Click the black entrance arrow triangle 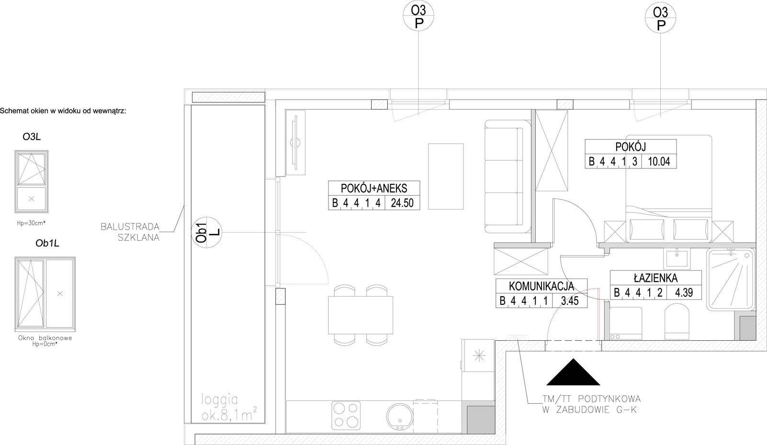(x=573, y=372)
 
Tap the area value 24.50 (x=402, y=203)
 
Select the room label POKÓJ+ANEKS (x=374, y=188)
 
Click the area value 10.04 (x=659, y=161)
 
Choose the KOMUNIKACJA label (x=541, y=286)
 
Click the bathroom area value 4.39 (x=684, y=293)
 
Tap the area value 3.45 (x=570, y=301)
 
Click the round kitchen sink (x=400, y=417)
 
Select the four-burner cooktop (x=346, y=415)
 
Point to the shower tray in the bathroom (x=731, y=279)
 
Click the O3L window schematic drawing (x=32, y=181)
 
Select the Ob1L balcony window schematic (x=45, y=294)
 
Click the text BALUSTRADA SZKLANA (x=130, y=232)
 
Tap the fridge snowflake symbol (x=479, y=356)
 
